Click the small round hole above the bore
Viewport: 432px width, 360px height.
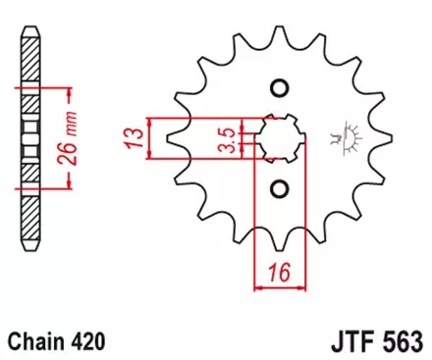[x=278, y=88]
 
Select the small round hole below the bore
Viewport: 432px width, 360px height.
[x=278, y=187]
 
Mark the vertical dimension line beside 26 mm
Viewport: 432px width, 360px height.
[x=69, y=137]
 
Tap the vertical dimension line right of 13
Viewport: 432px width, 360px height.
[x=147, y=137]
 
